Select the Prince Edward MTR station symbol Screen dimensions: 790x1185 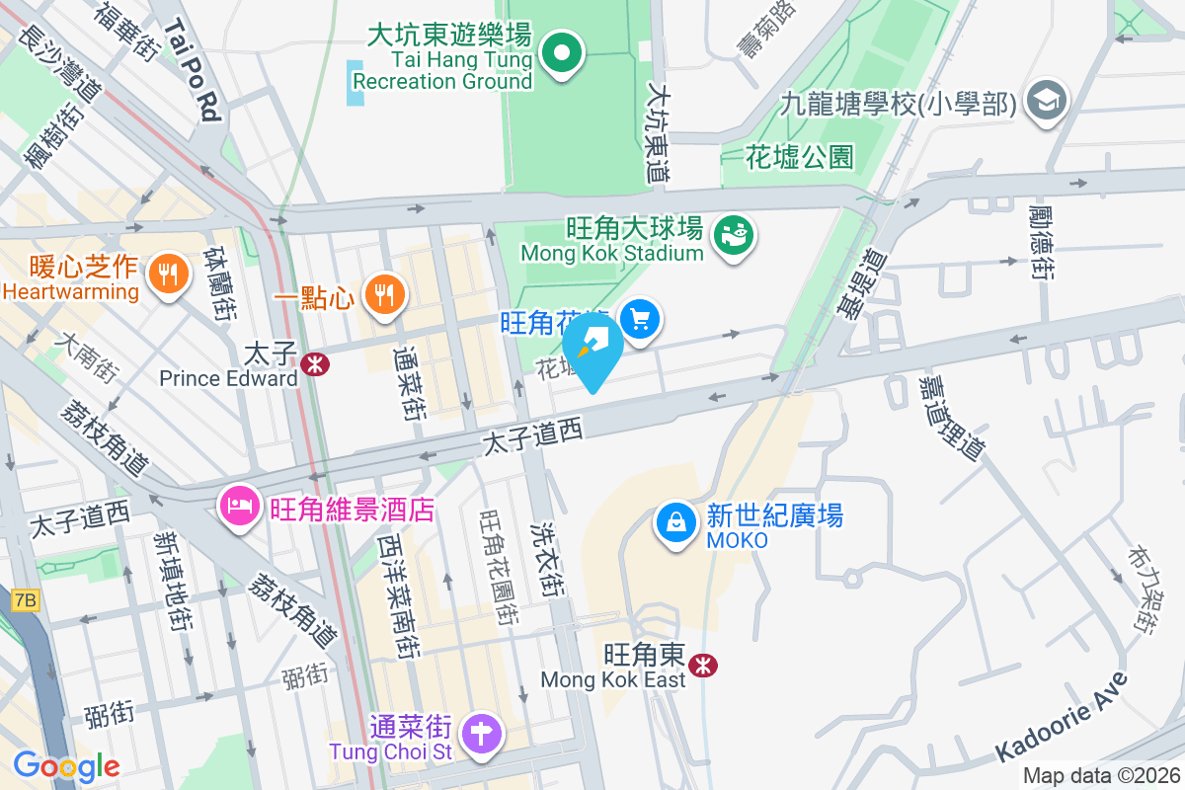316,363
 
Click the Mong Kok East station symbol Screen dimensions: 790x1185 704,665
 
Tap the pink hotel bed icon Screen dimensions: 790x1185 239,509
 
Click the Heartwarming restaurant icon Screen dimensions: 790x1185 166,274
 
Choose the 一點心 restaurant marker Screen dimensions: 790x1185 383,293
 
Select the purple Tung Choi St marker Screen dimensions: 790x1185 482,735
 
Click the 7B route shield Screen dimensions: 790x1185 26,599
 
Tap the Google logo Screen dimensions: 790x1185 66,765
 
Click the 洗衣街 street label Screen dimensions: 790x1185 548,559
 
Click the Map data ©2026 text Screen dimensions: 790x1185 1100,776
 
